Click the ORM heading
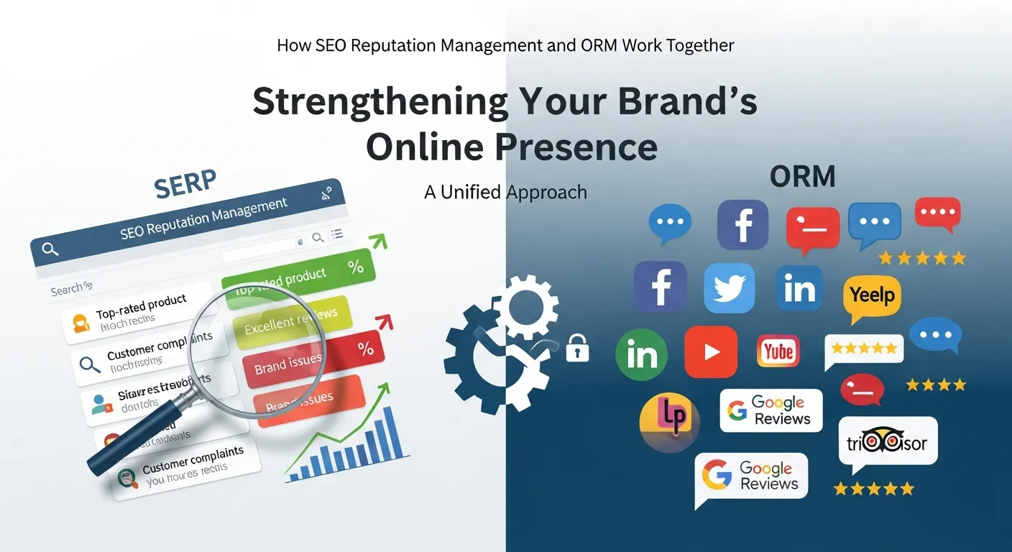tap(802, 177)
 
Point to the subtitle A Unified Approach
tap(505, 193)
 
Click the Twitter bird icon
tap(729, 287)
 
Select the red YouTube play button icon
tap(710, 351)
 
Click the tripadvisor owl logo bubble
tap(887, 443)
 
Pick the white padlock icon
tap(577, 348)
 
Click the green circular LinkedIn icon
tap(641, 354)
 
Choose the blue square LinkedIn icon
tap(799, 289)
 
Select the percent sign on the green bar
tap(355, 267)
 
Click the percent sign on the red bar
tap(365, 349)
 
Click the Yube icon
tap(778, 351)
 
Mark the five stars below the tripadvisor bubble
tap(873, 489)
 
